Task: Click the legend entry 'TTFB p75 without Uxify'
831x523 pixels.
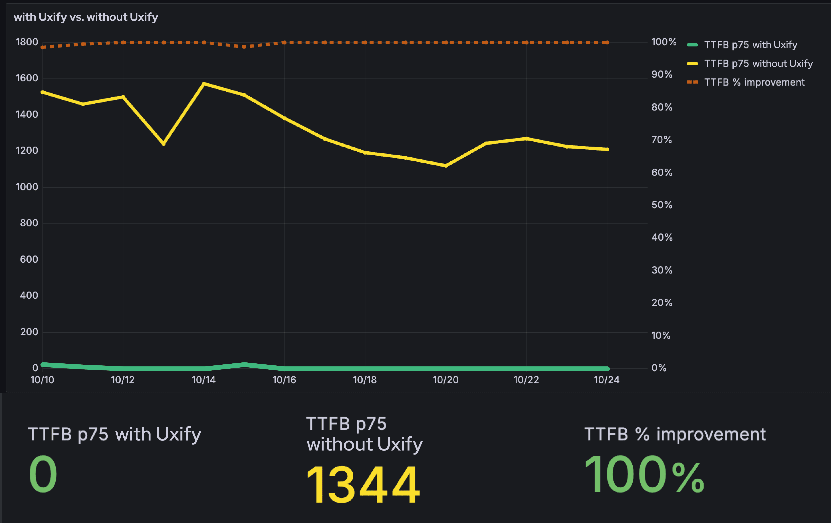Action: [x=758, y=63]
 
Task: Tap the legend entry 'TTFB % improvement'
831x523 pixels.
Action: [x=754, y=82]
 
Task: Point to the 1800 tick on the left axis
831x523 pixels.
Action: [x=27, y=42]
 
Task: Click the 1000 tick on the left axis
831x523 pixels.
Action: [x=27, y=187]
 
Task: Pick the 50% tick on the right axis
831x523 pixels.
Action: [x=662, y=205]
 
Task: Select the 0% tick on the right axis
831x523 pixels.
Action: [x=659, y=368]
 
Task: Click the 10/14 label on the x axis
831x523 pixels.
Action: [x=204, y=380]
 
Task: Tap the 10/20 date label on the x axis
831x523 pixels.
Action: [x=446, y=380]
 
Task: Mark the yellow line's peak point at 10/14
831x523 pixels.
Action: [x=204, y=83]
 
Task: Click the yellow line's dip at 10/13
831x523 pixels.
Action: [x=164, y=144]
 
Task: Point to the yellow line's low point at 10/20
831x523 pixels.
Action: [x=446, y=166]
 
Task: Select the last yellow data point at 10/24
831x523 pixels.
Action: [x=607, y=149]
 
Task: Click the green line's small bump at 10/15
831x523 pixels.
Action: [x=244, y=365]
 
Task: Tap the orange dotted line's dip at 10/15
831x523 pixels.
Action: [x=244, y=47]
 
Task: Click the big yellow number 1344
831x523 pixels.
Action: [x=363, y=485]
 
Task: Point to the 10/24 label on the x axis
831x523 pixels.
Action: [x=606, y=380]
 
